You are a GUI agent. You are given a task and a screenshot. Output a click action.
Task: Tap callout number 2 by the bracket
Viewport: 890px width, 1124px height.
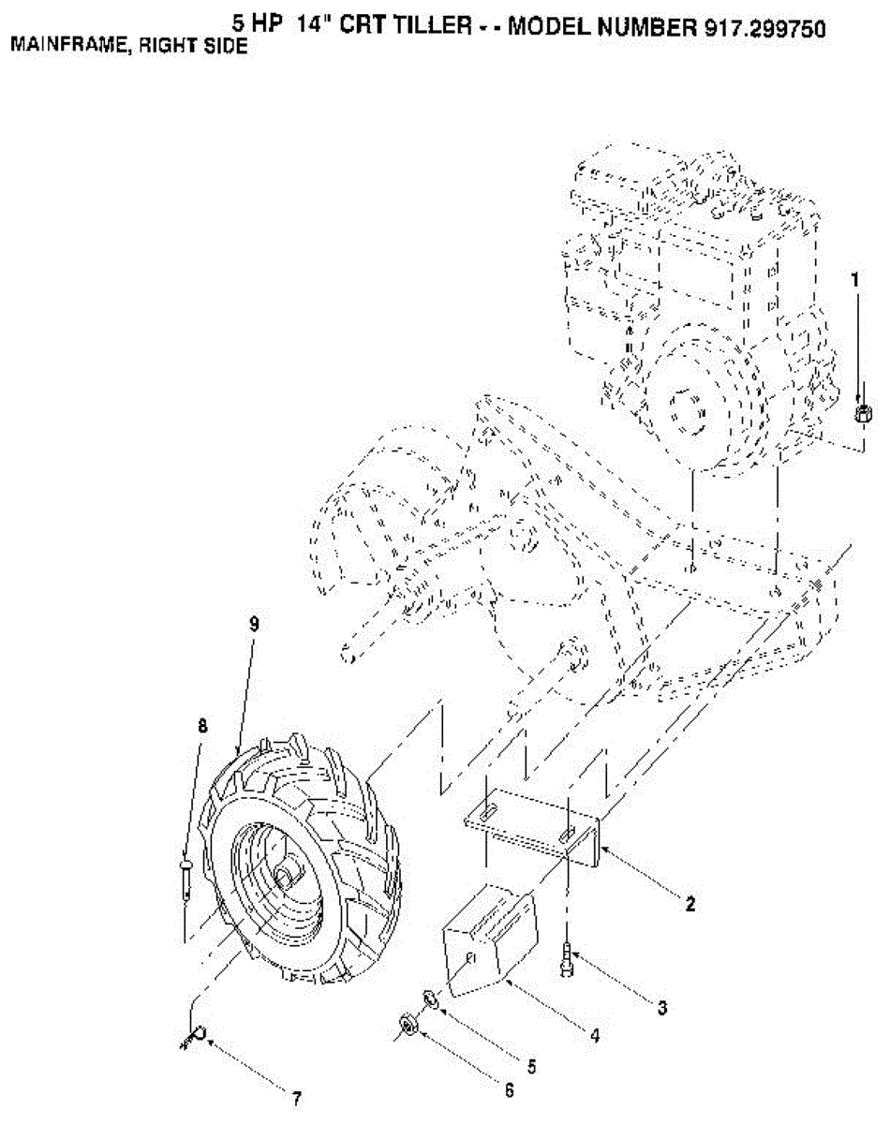click(690, 905)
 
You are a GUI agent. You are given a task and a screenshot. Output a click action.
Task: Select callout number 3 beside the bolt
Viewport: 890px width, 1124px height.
click(661, 1008)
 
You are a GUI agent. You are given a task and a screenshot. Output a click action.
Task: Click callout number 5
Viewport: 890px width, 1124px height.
click(531, 1066)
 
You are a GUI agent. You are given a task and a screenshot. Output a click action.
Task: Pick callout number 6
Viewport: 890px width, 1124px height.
click(509, 1090)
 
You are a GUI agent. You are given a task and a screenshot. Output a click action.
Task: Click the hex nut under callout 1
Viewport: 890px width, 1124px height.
click(863, 413)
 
